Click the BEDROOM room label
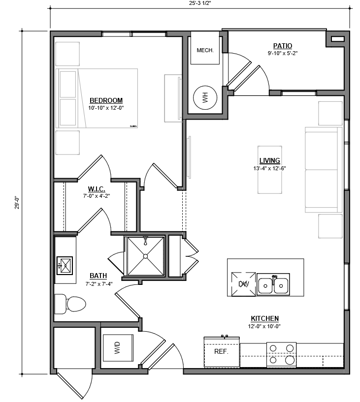105,100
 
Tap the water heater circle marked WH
205,98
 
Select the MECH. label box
205,50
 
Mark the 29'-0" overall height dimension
18,202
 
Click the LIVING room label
269,160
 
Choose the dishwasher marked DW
243,284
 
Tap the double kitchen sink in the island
273,284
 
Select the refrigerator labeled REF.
222,352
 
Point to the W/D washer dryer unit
118,349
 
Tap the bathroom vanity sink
65,265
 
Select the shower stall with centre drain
145,256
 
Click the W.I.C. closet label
97,189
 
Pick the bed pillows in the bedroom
68,99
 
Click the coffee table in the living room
269,170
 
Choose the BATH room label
98,276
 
